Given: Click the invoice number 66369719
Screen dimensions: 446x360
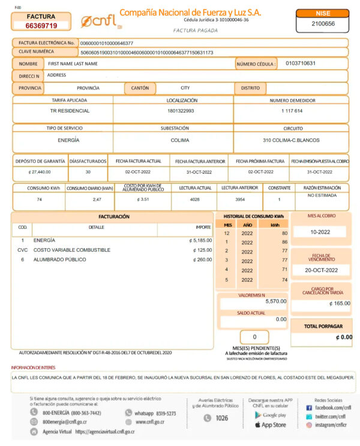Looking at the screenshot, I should click(x=41, y=26).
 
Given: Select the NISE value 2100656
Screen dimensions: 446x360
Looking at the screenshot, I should click(x=323, y=24).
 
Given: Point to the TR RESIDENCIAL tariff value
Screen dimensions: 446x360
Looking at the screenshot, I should click(x=70, y=111).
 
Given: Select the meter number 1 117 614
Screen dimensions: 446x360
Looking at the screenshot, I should click(x=292, y=111).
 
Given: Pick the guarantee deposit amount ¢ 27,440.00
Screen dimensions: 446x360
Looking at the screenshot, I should click(x=40, y=171).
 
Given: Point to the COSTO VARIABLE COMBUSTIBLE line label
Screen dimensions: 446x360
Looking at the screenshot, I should click(x=72, y=250).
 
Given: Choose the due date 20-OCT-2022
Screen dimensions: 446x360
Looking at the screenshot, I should click(x=321, y=270).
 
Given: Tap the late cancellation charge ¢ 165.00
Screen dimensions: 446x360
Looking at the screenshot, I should click(x=340, y=303).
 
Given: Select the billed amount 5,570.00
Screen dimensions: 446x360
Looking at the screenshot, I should click(x=276, y=302).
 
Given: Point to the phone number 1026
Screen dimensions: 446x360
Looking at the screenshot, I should click(x=221, y=418).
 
